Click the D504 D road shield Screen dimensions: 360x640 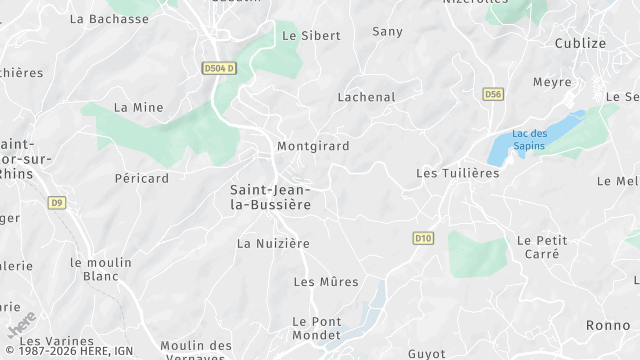(218, 68)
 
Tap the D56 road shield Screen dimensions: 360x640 (492, 94)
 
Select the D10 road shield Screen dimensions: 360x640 (423, 238)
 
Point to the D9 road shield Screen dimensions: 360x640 (56, 203)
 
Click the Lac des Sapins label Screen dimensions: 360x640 (529, 139)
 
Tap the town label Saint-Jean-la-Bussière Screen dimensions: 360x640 (270, 197)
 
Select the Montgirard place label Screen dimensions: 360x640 (313, 146)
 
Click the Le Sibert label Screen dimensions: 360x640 (311, 36)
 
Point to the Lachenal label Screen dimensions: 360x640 (366, 98)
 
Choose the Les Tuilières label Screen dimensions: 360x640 (457, 174)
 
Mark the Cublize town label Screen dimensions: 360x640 (581, 43)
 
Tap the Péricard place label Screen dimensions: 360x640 (141, 179)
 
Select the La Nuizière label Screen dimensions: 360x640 (273, 243)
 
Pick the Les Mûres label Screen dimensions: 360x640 (325, 282)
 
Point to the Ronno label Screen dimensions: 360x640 (608, 326)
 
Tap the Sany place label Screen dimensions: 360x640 (387, 32)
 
